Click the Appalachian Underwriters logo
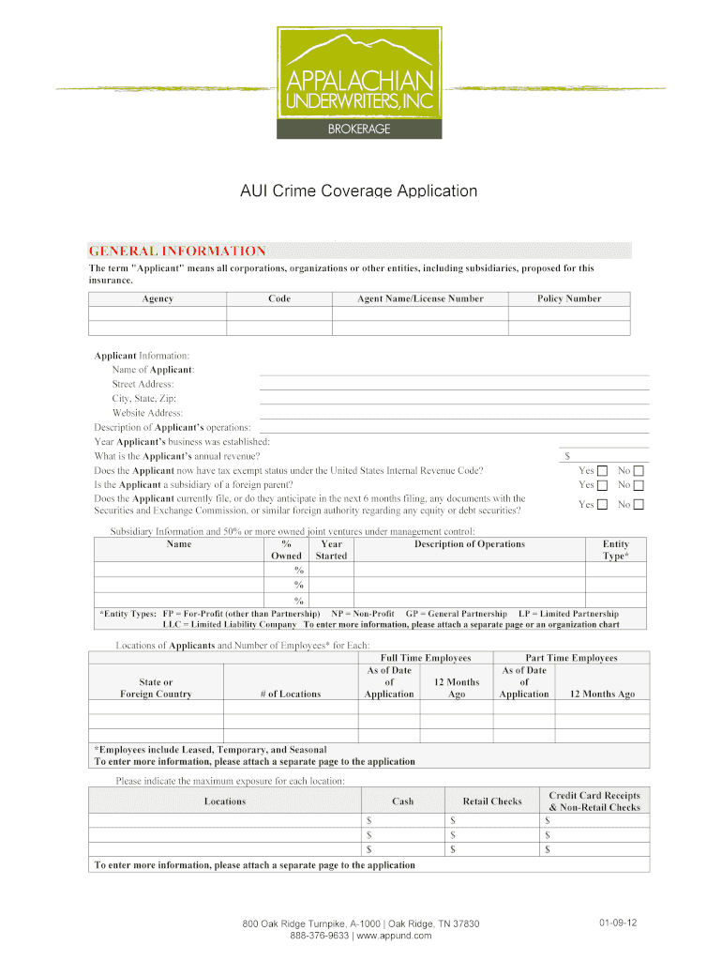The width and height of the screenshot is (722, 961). [x=360, y=83]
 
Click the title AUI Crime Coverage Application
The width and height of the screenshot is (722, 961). [x=360, y=191]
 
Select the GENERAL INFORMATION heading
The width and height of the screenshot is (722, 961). [x=177, y=252]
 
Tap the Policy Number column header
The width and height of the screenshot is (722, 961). [x=569, y=299]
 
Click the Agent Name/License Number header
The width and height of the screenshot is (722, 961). [x=420, y=299]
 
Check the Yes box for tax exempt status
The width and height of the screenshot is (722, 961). [x=603, y=471]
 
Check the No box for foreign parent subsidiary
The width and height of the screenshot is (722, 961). [x=639, y=486]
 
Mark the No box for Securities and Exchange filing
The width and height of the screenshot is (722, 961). [x=639, y=505]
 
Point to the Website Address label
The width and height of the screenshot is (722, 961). [x=148, y=413]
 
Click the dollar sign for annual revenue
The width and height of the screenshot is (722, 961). [x=567, y=456]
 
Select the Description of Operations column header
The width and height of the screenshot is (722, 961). [x=469, y=545]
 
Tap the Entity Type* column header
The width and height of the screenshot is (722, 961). [x=616, y=550]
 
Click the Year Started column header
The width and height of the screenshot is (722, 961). [x=331, y=550]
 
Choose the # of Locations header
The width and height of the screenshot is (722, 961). [x=290, y=694]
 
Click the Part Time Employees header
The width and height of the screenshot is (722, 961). [x=572, y=659]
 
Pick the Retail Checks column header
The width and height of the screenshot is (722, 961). [x=492, y=801]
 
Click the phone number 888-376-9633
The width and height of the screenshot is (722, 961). [x=319, y=936]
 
